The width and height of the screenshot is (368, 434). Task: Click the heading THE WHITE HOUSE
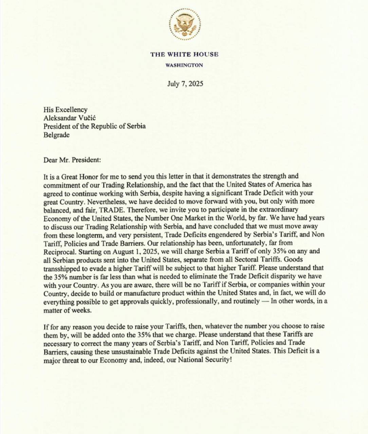click(184, 54)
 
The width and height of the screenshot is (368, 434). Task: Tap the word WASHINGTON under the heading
click(184, 65)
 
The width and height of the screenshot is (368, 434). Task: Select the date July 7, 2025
click(185, 84)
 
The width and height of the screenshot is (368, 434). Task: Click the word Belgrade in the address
click(56, 135)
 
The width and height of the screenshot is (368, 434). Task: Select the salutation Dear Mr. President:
click(72, 160)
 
